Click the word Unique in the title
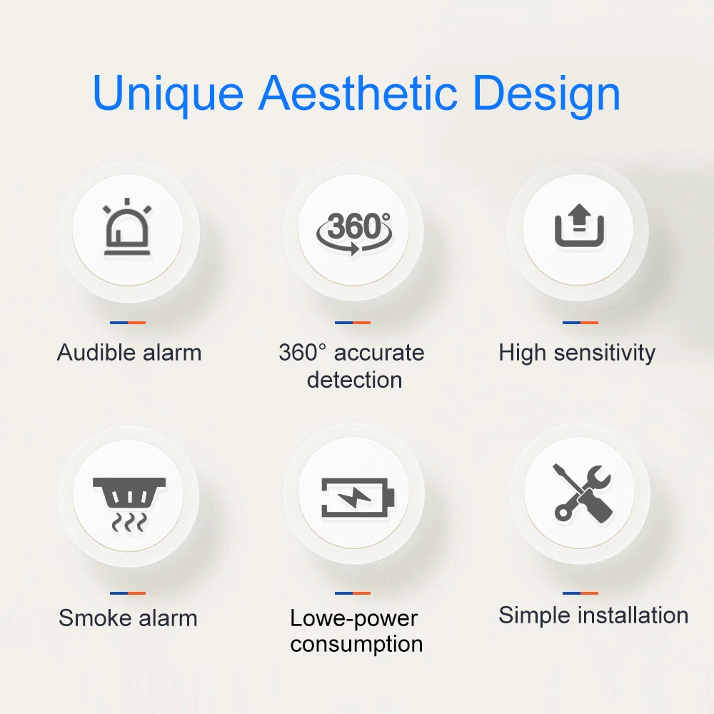click(x=169, y=94)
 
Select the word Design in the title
click(x=547, y=94)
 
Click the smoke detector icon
click(x=129, y=501)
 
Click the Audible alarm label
click(x=129, y=353)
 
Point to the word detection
click(x=354, y=379)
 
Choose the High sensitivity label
click(x=577, y=353)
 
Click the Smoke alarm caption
click(x=128, y=618)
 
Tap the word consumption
click(x=356, y=644)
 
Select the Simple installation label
click(x=593, y=615)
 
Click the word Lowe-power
click(x=354, y=618)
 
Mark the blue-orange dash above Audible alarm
click(x=128, y=323)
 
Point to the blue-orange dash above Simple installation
click(x=580, y=593)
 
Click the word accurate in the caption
click(x=379, y=353)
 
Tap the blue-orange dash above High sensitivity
click(x=580, y=323)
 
